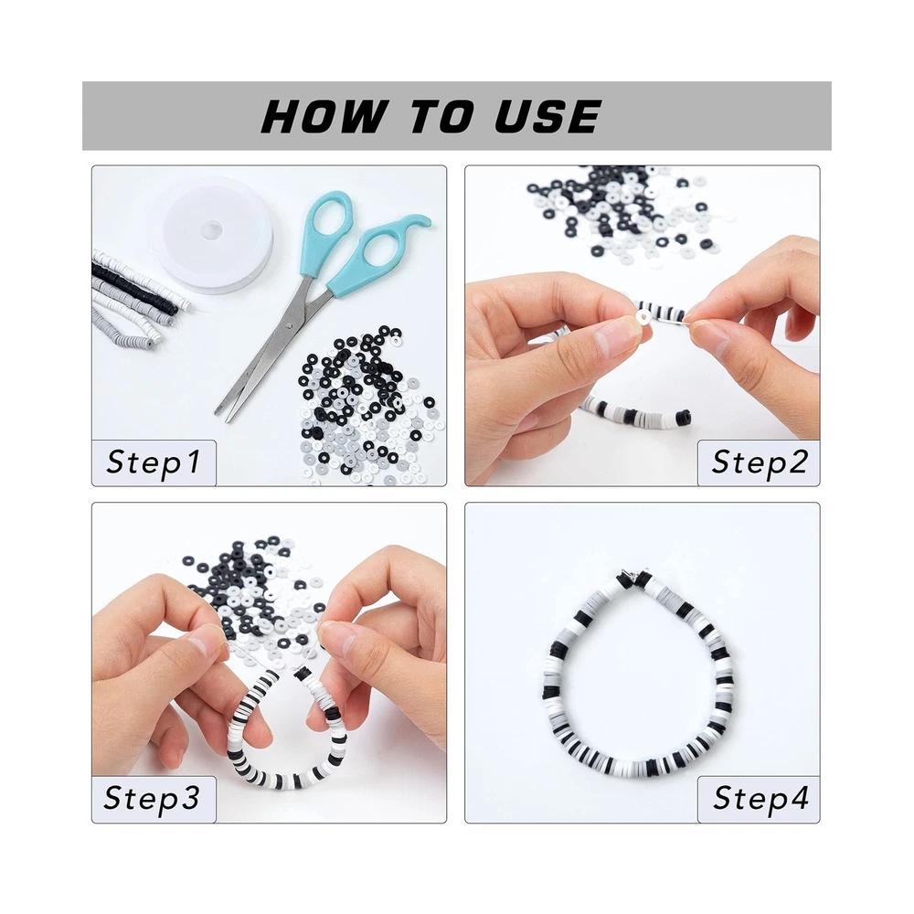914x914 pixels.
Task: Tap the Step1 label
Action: tap(154, 462)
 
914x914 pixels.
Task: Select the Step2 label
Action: tap(759, 462)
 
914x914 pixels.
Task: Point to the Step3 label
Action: tap(152, 798)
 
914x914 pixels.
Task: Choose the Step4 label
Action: tap(760, 798)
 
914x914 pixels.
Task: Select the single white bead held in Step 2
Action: tap(642, 317)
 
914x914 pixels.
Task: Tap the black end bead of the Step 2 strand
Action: tap(686, 418)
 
